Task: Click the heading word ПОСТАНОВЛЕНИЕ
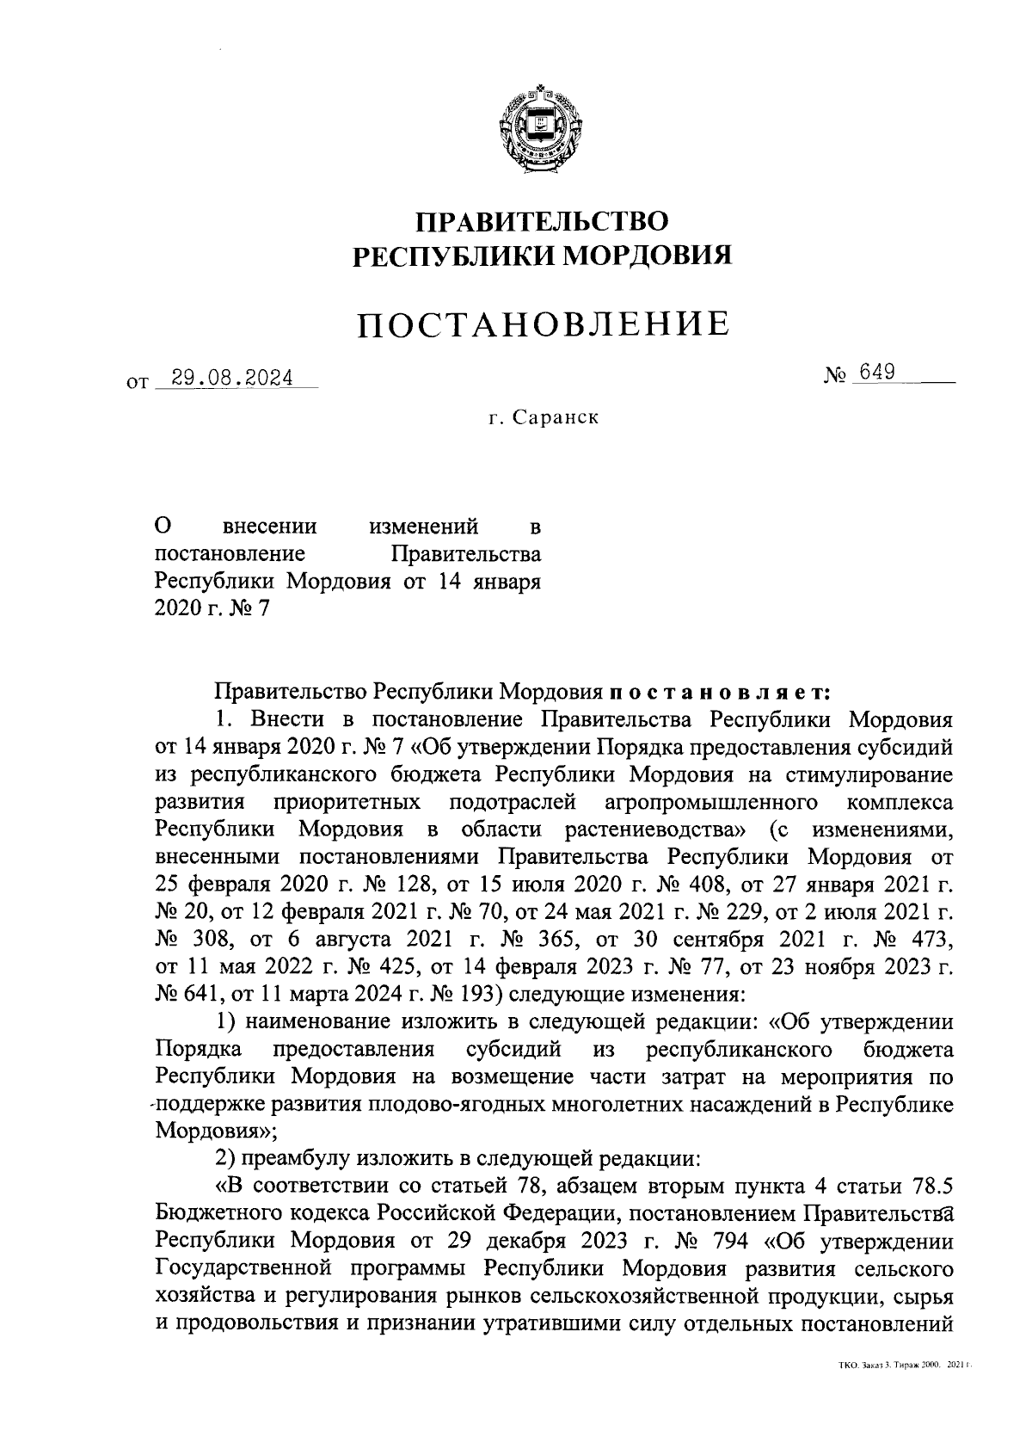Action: point(543,324)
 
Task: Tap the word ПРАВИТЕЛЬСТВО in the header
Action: point(543,222)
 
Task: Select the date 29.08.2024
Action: point(232,378)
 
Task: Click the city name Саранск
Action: point(555,418)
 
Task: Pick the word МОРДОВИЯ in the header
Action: point(650,256)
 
